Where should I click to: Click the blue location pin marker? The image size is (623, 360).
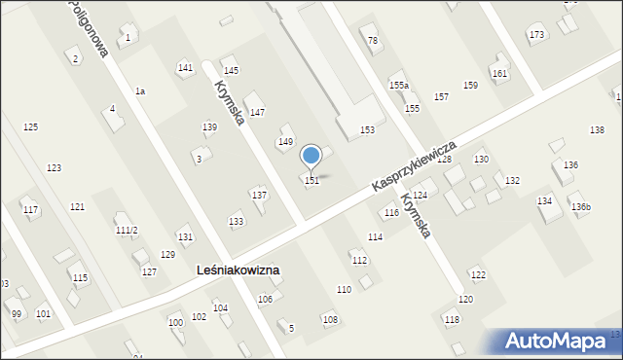pyautogui.click(x=311, y=156)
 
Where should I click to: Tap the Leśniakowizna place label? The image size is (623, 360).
pyautogui.click(x=238, y=270)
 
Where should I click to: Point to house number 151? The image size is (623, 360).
pyautogui.click(x=311, y=180)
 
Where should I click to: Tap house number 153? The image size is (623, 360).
pyautogui.click(x=367, y=129)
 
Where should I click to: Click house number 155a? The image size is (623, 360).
pyautogui.click(x=399, y=87)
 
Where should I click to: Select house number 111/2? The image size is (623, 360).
pyautogui.click(x=127, y=230)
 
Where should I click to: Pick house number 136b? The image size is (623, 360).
pyautogui.click(x=581, y=207)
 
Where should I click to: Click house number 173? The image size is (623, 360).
pyautogui.click(x=536, y=35)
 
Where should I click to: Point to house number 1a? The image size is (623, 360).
pyautogui.click(x=140, y=90)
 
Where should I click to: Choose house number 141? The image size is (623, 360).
pyautogui.click(x=185, y=67)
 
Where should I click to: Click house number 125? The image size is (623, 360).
pyautogui.click(x=30, y=127)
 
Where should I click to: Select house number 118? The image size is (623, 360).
pyautogui.click(x=452, y=319)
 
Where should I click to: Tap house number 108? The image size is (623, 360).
pyautogui.click(x=330, y=319)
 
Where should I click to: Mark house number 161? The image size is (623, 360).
pyautogui.click(x=499, y=74)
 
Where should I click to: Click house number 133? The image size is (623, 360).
pyautogui.click(x=236, y=222)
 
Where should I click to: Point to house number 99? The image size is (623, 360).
pyautogui.click(x=16, y=313)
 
